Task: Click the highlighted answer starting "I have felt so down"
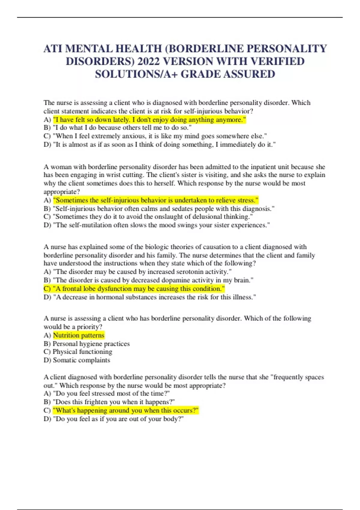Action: [149, 120]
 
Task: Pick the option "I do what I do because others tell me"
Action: [122, 128]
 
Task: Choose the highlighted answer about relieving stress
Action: [156, 200]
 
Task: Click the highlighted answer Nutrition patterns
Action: [79, 335]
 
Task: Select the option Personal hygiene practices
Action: [91, 343]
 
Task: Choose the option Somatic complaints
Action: [81, 360]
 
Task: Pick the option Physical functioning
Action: [82, 352]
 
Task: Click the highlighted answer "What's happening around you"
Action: [126, 410]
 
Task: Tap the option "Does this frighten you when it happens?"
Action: [113, 402]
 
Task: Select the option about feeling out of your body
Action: [118, 418]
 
